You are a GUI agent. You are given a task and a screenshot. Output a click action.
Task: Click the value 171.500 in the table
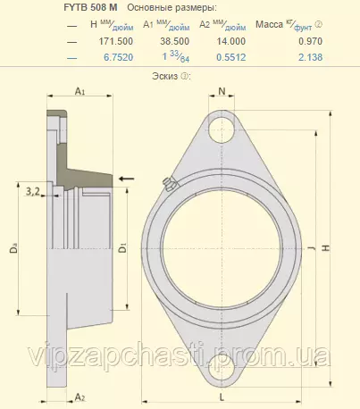pyautogui.click(x=116, y=41)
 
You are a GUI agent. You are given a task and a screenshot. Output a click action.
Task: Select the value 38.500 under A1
pyautogui.click(x=175, y=41)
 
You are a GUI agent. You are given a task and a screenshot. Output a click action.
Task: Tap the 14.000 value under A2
pyautogui.click(x=231, y=41)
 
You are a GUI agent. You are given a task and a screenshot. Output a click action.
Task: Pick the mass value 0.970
pyautogui.click(x=311, y=41)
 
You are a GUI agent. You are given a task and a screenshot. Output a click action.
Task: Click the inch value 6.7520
pyautogui.click(x=119, y=57)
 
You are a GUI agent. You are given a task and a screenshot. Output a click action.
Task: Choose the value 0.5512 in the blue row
pyautogui.click(x=231, y=57)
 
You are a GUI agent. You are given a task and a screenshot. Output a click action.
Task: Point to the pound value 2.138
pyautogui.click(x=311, y=57)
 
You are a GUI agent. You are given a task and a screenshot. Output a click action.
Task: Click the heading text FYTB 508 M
pyautogui.click(x=90, y=8)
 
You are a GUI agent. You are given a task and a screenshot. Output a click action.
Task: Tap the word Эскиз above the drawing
pyautogui.click(x=164, y=76)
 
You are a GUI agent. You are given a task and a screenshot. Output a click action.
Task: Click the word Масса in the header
pyautogui.click(x=269, y=24)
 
